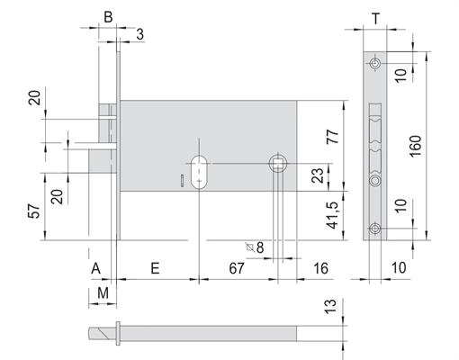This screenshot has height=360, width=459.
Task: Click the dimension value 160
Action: click(x=416, y=146)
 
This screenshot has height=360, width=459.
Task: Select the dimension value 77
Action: click(x=333, y=137)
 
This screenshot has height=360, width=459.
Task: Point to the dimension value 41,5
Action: click(x=333, y=215)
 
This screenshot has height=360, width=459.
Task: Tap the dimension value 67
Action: click(x=237, y=268)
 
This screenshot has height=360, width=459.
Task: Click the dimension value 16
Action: click(x=320, y=268)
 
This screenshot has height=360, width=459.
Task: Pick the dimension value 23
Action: click(x=318, y=175)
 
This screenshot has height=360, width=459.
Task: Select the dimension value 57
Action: click(x=34, y=211)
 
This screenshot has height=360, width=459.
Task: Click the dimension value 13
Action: click(x=331, y=306)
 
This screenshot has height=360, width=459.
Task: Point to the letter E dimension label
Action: click(x=155, y=268)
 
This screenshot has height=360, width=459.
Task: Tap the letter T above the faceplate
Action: click(x=376, y=19)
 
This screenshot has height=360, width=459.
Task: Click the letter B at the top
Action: click(x=108, y=17)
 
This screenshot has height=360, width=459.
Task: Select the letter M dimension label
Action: click(x=103, y=292)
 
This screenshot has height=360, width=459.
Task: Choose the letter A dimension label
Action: click(x=95, y=268)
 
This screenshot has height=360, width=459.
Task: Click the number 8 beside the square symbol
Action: click(x=260, y=247)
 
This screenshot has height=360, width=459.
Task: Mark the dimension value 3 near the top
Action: click(x=140, y=34)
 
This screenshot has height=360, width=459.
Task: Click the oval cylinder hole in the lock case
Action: click(x=199, y=172)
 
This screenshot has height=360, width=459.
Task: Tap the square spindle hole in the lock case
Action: click(x=278, y=164)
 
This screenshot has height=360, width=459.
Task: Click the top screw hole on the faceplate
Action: click(x=375, y=64)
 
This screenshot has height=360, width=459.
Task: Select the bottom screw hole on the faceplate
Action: click(x=374, y=229)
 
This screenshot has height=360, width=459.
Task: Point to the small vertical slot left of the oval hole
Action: click(x=182, y=180)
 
